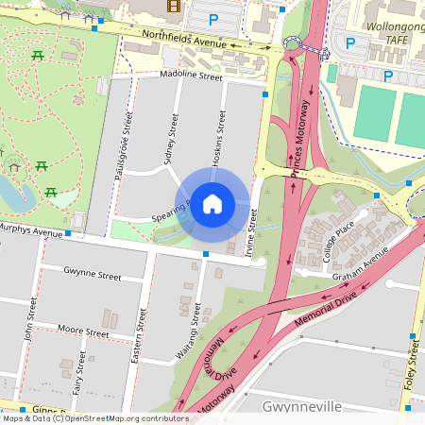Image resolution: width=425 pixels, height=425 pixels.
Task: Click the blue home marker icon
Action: click(212, 203)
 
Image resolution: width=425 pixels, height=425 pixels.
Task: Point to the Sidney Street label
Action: click(173, 138)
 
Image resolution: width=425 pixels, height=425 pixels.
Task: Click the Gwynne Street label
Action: click(93, 277)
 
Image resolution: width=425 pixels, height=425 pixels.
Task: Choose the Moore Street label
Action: click(83, 332)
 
